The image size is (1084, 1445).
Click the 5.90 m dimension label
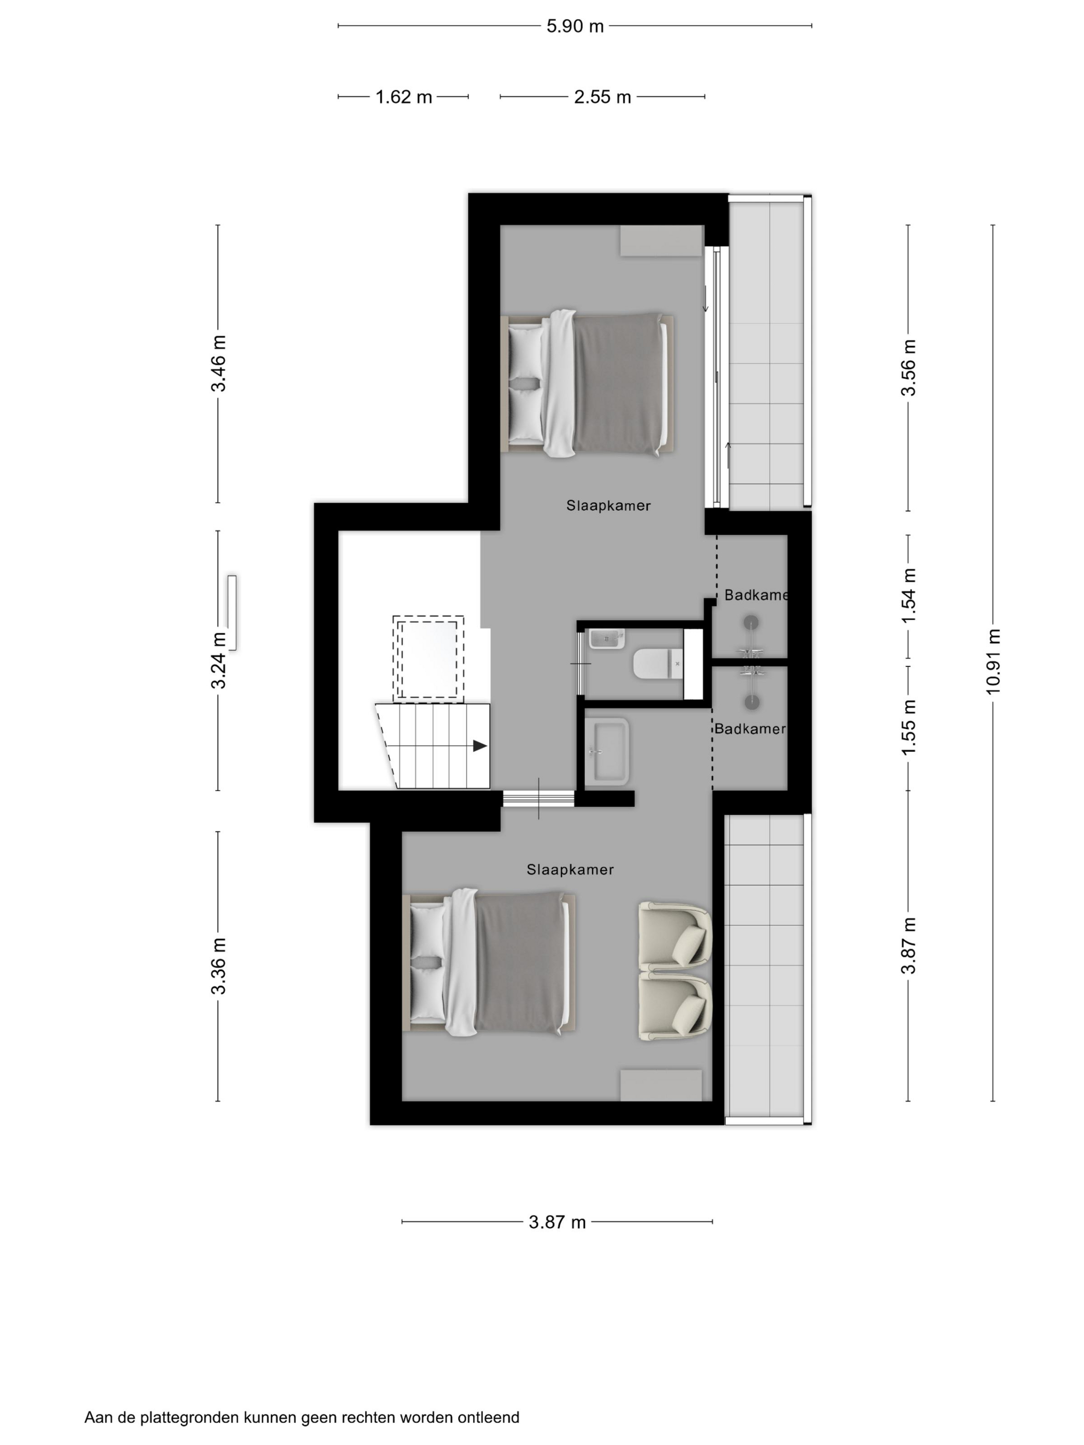coord(575,27)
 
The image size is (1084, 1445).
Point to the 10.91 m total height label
coord(993,661)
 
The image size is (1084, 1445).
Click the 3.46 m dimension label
coord(218,363)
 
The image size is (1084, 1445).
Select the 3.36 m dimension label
coord(218,966)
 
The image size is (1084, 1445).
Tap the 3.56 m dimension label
coord(908,368)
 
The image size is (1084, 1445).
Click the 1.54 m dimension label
coord(908,596)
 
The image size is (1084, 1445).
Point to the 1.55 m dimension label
coord(908,727)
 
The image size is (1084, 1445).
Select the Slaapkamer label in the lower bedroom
coord(570,870)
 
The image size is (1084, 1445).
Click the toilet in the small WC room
coord(657,664)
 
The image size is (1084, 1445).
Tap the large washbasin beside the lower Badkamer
coord(607,751)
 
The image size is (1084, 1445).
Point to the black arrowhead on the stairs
coord(480,745)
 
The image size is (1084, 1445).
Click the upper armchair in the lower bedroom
coord(674,935)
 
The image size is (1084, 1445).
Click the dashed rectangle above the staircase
coord(428,658)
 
